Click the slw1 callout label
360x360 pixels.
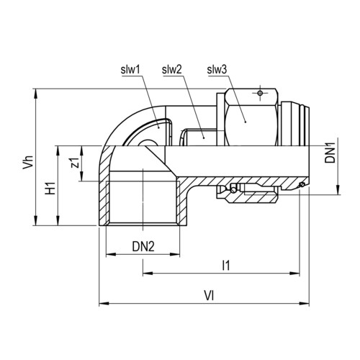(x=130, y=70)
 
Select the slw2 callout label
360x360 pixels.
(x=172, y=70)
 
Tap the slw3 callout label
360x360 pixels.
(x=217, y=70)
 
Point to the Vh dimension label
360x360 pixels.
(x=28, y=162)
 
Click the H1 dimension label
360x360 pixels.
(x=50, y=188)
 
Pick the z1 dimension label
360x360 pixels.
(x=76, y=163)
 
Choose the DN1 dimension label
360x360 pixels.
(x=330, y=153)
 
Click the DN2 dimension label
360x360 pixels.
(x=143, y=246)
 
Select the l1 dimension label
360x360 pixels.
(x=226, y=266)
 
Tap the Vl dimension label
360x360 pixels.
(x=209, y=296)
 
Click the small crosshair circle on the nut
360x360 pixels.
(x=260, y=93)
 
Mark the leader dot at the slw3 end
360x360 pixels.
(x=246, y=122)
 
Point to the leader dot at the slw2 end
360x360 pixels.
(x=204, y=138)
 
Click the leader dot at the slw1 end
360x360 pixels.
(x=158, y=128)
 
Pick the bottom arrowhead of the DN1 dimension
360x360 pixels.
(x=338, y=189)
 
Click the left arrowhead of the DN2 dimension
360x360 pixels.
(x=111, y=254)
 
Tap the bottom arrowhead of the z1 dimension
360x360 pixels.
(x=82, y=176)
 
